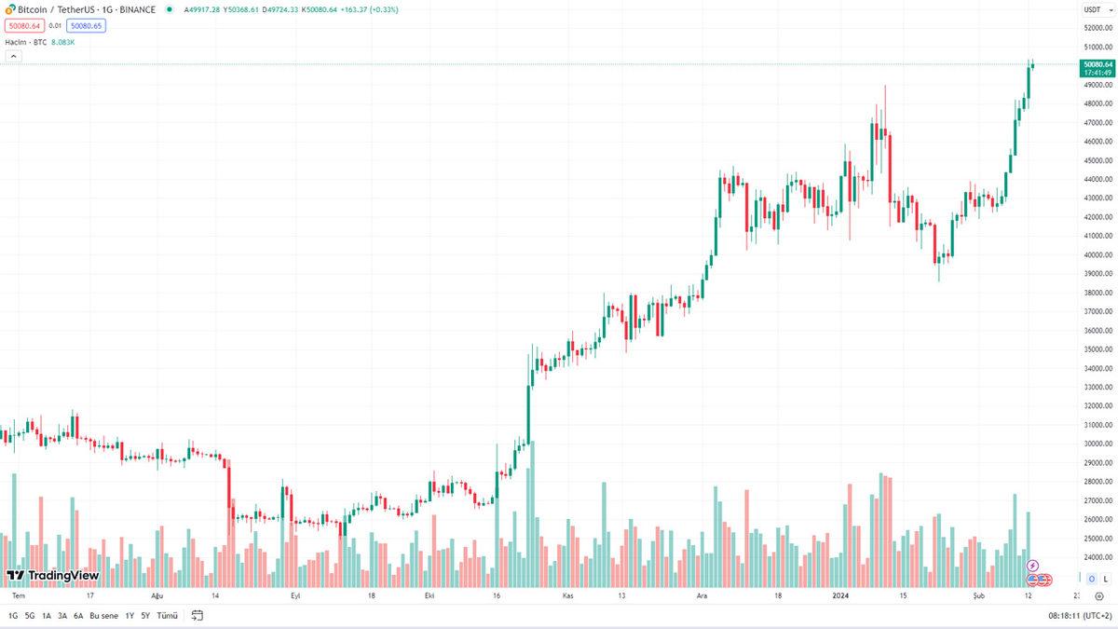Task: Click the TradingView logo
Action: tap(53, 575)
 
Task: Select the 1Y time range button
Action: tap(130, 616)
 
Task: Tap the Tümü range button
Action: tap(168, 616)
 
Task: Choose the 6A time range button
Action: tap(78, 616)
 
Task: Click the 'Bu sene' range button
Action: tap(103, 616)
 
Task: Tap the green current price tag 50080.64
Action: tap(1096, 64)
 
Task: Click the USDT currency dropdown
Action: tap(1092, 9)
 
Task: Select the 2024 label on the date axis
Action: tap(841, 595)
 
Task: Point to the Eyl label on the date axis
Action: tap(296, 595)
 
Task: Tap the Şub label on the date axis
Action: tap(978, 595)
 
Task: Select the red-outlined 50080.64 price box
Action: tap(24, 26)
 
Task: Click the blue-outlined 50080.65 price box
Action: tap(86, 26)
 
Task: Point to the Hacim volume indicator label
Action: tap(19, 42)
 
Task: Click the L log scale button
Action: tap(1105, 579)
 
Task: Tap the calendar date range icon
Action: tap(198, 616)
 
